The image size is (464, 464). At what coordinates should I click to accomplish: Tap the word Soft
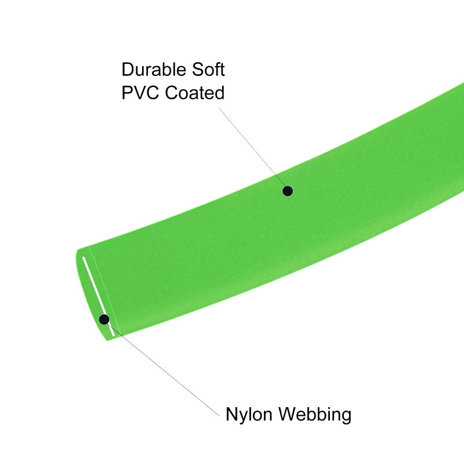tap(208, 70)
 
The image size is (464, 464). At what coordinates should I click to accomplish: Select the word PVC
tap(140, 92)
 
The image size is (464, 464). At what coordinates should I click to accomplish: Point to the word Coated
tap(195, 92)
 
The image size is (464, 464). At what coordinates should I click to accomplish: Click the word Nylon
tap(249, 414)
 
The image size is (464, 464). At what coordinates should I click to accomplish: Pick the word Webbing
tap(316, 414)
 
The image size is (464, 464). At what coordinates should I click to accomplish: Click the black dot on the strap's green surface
tap(288, 191)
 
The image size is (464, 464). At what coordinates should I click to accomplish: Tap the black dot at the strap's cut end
tap(104, 320)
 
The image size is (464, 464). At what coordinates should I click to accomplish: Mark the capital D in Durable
tap(128, 70)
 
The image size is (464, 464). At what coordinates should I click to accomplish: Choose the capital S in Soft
tap(198, 70)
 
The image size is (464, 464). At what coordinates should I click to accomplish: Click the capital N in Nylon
tap(232, 414)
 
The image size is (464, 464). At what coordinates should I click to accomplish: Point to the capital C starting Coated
tap(171, 92)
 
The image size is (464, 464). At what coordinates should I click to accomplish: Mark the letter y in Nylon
tap(245, 416)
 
